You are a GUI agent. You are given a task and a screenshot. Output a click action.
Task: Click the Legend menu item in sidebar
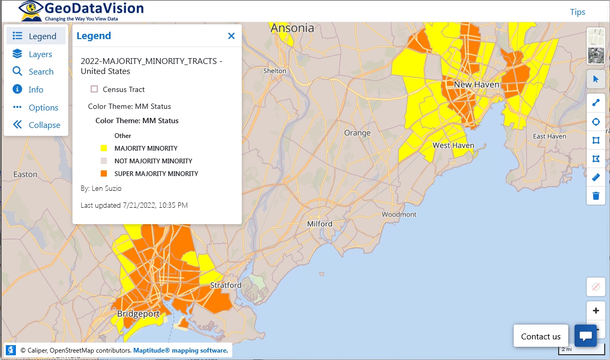coord(35,36)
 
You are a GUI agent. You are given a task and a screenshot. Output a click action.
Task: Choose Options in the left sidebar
coord(36,107)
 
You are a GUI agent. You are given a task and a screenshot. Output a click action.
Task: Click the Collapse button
coord(37,125)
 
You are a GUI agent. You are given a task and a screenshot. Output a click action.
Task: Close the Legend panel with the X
coord(231,36)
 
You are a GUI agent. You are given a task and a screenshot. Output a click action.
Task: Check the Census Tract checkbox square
coord(95,89)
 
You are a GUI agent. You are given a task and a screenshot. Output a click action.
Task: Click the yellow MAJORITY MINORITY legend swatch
coord(104,149)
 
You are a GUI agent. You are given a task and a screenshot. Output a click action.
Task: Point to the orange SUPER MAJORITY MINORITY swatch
coord(104,173)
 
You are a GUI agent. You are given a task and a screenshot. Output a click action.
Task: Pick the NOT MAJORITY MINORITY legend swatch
coord(104,161)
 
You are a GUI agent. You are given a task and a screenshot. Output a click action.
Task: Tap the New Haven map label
coord(476,85)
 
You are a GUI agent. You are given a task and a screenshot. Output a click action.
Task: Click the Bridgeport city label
coord(138,313)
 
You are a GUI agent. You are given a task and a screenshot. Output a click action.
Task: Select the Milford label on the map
coord(320,224)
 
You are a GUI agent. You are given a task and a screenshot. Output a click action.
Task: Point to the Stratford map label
coord(226,285)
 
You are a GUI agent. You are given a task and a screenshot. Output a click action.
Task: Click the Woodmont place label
coord(399,214)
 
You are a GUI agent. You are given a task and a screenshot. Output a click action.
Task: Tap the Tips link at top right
coord(577,12)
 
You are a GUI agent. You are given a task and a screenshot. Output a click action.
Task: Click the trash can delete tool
coord(596,196)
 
